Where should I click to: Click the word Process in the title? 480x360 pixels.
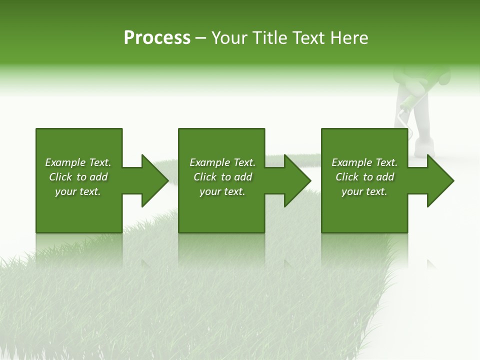[157, 38]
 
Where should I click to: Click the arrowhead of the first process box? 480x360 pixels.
[155, 180]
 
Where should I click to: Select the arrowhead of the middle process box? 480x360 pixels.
[297, 180]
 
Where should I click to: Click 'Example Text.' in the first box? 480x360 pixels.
[78, 162]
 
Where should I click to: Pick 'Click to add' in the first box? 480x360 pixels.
[78, 177]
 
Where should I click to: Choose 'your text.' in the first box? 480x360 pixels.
[78, 191]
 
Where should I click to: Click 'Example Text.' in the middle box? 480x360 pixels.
[222, 162]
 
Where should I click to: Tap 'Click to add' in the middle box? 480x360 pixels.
[222, 177]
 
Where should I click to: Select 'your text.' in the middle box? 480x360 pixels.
[222, 191]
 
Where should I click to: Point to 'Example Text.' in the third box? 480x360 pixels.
[364, 162]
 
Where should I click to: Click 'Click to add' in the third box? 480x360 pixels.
[364, 177]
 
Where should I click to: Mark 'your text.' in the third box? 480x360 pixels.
[364, 191]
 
